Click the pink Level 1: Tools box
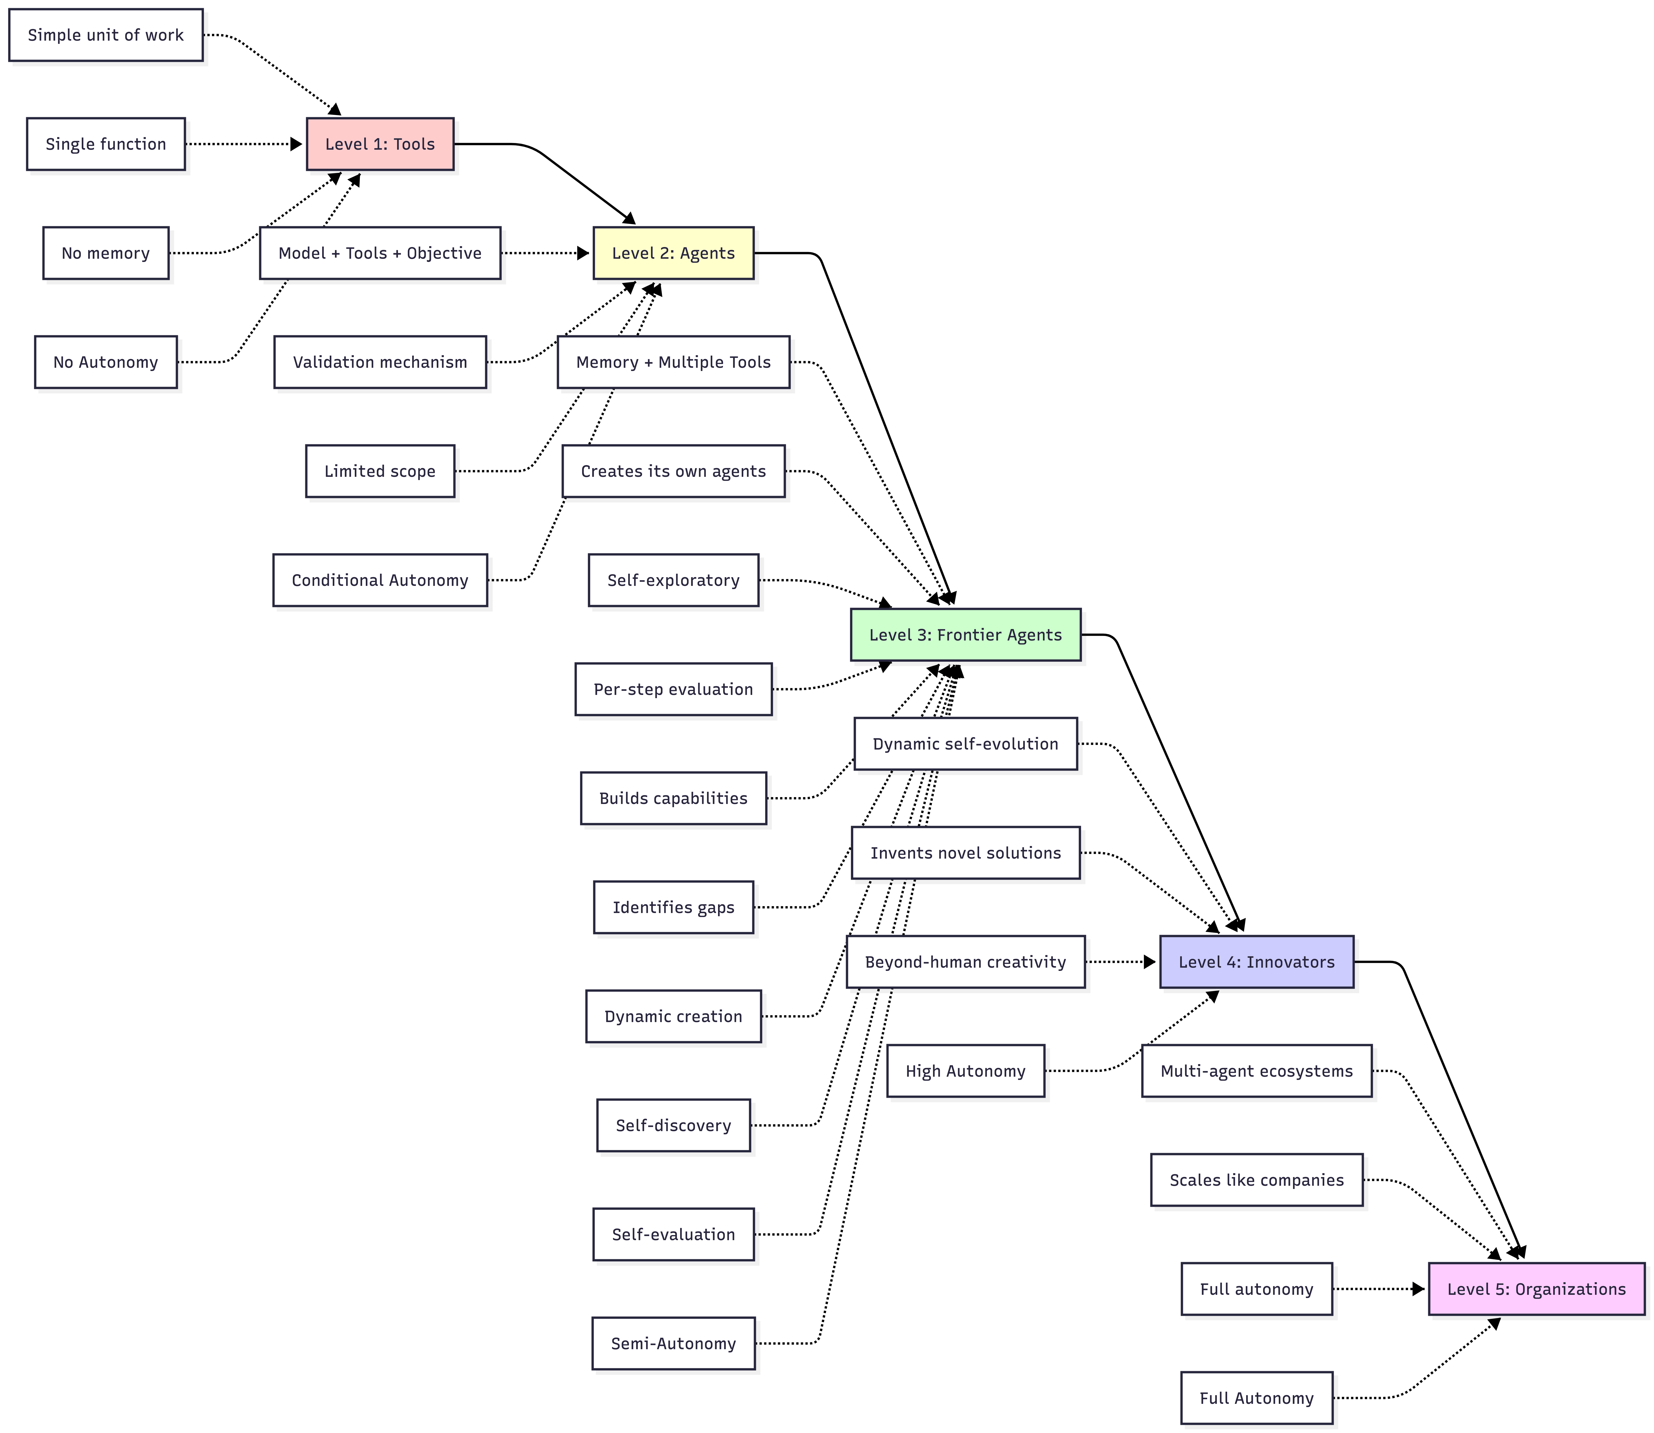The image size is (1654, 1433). pos(380,144)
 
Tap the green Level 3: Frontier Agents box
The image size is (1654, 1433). pos(965,635)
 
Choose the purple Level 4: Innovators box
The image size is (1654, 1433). pos(1257,962)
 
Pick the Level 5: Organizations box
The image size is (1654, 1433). pos(1536,1289)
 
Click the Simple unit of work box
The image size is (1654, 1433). pos(106,35)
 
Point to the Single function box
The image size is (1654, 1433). pos(106,144)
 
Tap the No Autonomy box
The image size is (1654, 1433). pos(106,362)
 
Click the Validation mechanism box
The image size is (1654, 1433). pos(380,362)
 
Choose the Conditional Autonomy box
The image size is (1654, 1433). pos(380,581)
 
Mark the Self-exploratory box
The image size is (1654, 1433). pos(673,581)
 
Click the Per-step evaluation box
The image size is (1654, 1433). pos(673,689)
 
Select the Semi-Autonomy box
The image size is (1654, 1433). pos(673,1343)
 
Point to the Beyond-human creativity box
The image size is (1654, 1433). pos(965,962)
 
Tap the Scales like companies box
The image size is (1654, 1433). pos(1257,1180)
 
